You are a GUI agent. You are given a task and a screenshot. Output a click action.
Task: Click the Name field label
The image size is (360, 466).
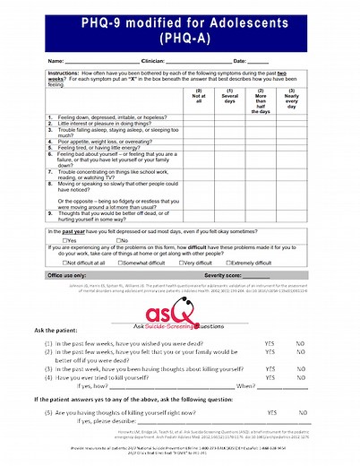[x=56, y=60]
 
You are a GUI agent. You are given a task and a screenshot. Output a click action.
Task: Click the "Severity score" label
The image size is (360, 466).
[x=223, y=275]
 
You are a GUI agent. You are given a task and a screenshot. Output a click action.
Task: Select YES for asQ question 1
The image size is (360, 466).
[x=270, y=342]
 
